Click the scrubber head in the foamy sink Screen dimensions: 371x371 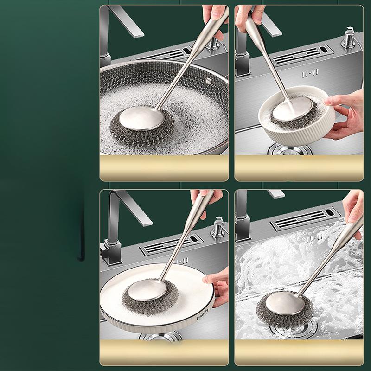coord(280,310)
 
